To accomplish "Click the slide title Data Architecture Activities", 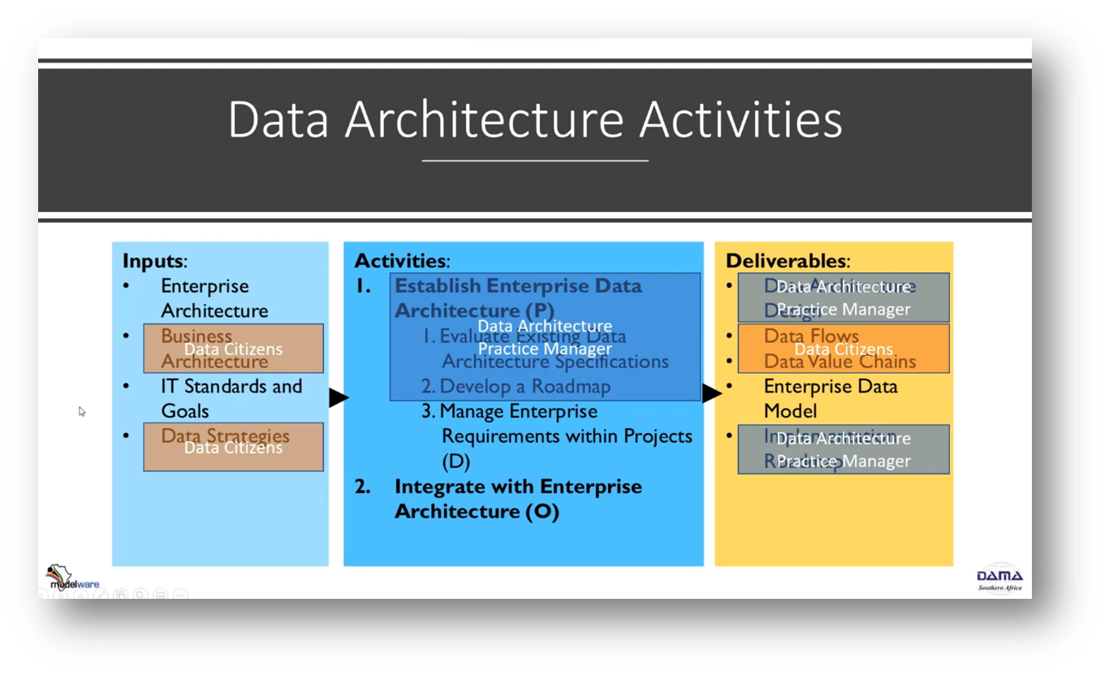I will [535, 119].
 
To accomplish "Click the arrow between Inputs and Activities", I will [339, 397].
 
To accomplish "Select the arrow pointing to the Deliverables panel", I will [712, 393].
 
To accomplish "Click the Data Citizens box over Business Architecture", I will [233, 349].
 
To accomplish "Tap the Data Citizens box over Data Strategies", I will [233, 447].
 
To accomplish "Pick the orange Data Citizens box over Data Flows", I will [843, 349].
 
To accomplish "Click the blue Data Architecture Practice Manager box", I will [545, 337].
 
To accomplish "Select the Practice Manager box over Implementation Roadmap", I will [843, 449].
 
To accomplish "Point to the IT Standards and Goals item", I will [231, 398].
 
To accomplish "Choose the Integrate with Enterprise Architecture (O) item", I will [517, 498].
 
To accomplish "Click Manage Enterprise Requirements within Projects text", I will [566, 435].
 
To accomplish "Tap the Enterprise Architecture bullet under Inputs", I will [214, 297].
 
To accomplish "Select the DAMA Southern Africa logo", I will [999, 579].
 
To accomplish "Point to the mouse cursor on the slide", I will [81, 411].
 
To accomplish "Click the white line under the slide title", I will [535, 161].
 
